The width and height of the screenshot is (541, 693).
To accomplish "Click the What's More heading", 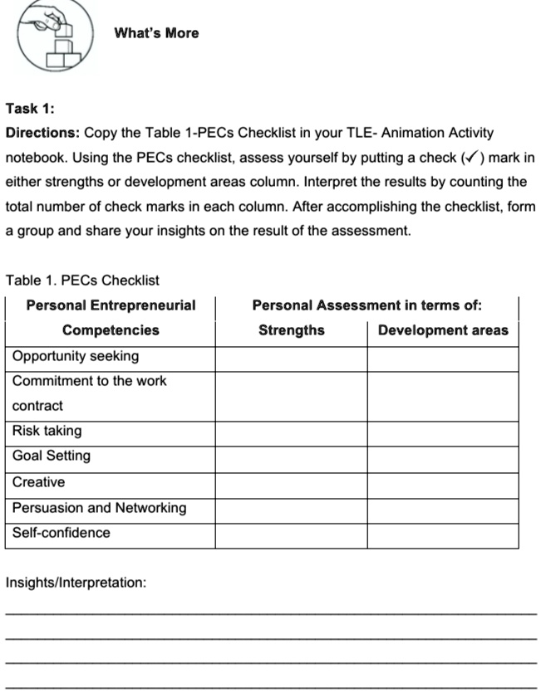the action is pyautogui.click(x=156, y=33).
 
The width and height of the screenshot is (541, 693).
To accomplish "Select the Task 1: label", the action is pyautogui.click(x=30, y=108).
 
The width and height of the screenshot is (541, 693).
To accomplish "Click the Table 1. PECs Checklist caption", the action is pyautogui.click(x=82, y=281).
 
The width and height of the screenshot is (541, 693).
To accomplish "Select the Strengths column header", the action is pyautogui.click(x=291, y=330).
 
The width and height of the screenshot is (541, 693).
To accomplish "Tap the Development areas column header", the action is pyautogui.click(x=443, y=330).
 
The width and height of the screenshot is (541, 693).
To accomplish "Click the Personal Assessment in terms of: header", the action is pyautogui.click(x=366, y=305).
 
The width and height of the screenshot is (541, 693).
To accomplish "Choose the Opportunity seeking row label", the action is pyautogui.click(x=76, y=356).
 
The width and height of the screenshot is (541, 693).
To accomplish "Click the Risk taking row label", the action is pyautogui.click(x=47, y=431).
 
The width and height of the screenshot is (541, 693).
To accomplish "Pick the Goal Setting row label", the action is pyautogui.click(x=52, y=456).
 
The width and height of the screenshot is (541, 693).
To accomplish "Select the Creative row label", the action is pyautogui.click(x=38, y=482).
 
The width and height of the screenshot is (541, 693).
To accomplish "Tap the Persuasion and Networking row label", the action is pyautogui.click(x=99, y=508).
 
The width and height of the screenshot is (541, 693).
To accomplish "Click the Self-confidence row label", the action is pyautogui.click(x=61, y=533).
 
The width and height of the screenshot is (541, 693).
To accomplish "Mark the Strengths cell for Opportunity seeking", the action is pyautogui.click(x=291, y=359).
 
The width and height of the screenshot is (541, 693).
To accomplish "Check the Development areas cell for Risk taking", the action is pyautogui.click(x=443, y=433).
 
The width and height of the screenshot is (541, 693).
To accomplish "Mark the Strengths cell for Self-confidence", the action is pyautogui.click(x=291, y=535).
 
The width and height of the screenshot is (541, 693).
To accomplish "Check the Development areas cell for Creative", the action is pyautogui.click(x=443, y=485).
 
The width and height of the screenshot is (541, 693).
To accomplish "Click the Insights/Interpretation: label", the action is pyautogui.click(x=76, y=583).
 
